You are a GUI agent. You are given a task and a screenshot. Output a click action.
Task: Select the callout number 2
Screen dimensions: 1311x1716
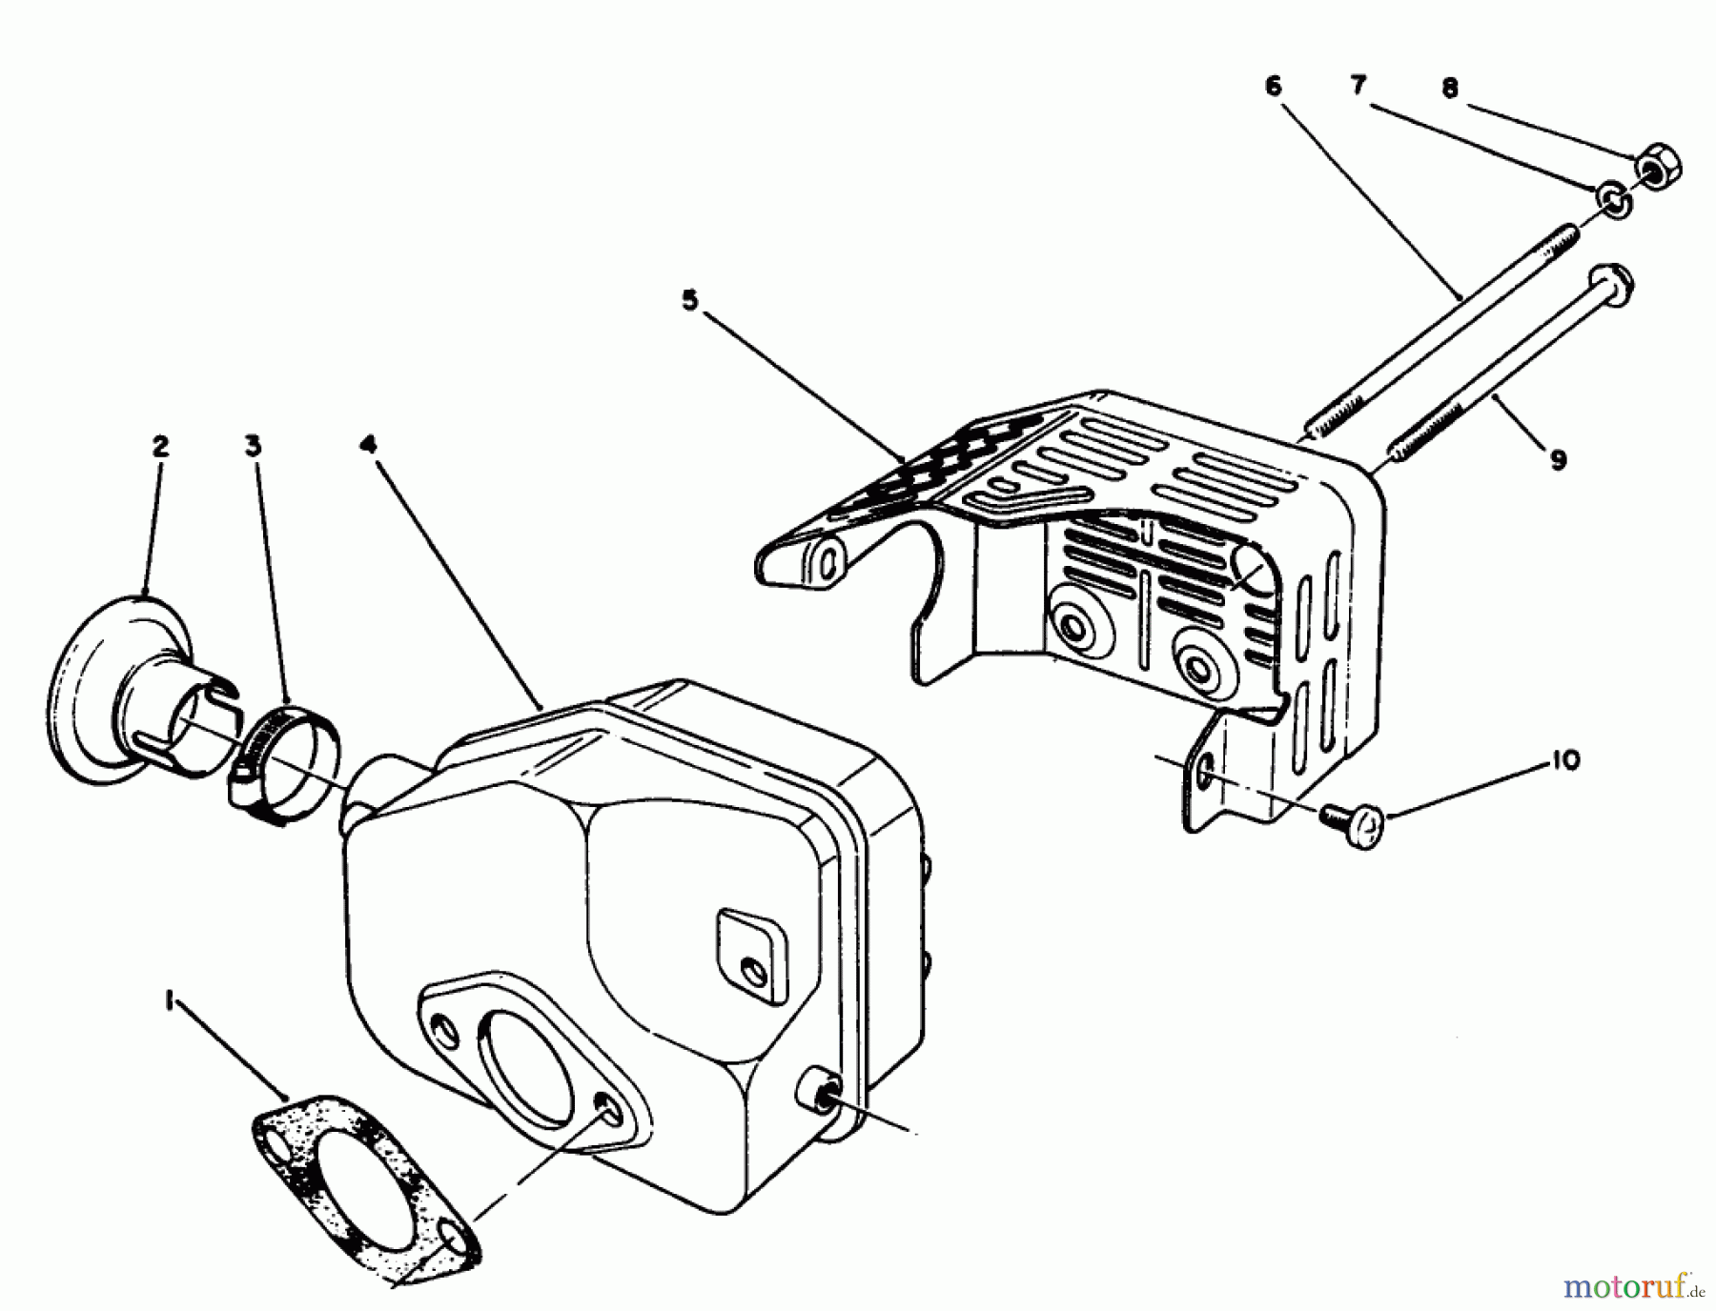(x=159, y=446)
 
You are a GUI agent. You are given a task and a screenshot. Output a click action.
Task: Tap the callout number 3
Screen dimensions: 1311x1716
(x=253, y=446)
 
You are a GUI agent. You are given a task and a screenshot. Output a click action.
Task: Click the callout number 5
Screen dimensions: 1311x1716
(x=689, y=301)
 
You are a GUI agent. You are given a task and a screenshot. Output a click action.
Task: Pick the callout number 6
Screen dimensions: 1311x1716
(x=1274, y=86)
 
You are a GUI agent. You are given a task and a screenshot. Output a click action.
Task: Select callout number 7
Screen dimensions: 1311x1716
(x=1358, y=86)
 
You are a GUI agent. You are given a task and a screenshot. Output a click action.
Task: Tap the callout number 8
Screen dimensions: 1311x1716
(x=1449, y=89)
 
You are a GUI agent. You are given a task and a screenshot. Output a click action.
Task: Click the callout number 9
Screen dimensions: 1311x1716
(x=1557, y=460)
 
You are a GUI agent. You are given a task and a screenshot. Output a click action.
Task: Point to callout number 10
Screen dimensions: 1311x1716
(x=1565, y=760)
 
